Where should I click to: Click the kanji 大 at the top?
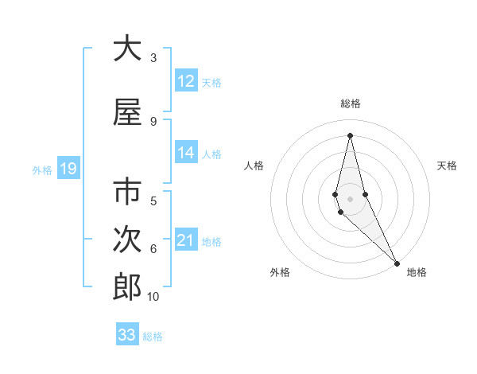coord(127,49)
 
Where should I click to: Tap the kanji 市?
coord(127,193)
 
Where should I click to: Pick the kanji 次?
coord(127,240)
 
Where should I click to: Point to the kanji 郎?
coord(127,287)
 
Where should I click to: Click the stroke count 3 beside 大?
coord(153,58)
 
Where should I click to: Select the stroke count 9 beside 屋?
coord(153,121)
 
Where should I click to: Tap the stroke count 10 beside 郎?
coord(153,297)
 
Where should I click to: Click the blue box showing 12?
coord(186,81)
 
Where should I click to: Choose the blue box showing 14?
coord(186,153)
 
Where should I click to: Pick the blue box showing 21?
coord(186,240)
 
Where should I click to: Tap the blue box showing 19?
coord(68,169)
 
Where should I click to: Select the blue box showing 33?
coord(127,335)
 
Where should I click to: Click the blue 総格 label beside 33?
coord(153,337)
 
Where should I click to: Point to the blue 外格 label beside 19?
coord(41,169)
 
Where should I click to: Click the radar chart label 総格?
coord(351,103)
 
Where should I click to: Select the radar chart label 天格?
coord(447,166)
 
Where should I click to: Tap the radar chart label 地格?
coord(417,272)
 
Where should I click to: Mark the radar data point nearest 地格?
coord(397,262)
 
